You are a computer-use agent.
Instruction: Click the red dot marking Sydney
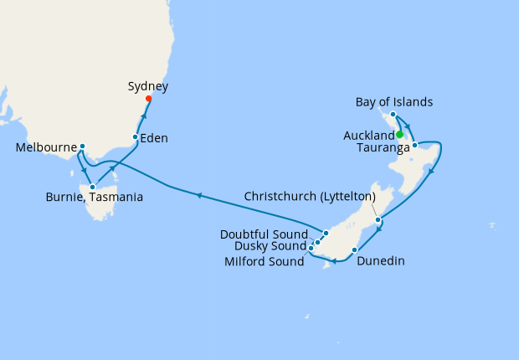click(x=149, y=99)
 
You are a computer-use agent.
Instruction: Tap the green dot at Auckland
click(x=400, y=134)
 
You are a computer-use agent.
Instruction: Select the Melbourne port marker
click(x=82, y=147)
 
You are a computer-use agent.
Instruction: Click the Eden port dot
click(x=136, y=136)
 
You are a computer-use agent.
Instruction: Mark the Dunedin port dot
click(x=355, y=249)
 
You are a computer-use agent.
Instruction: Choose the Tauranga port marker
click(x=414, y=146)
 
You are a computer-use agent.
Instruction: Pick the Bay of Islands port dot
click(x=393, y=113)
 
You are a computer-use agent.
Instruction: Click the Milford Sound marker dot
click(x=311, y=248)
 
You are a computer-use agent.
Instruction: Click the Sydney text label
click(x=148, y=86)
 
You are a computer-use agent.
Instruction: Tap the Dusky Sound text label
click(x=270, y=247)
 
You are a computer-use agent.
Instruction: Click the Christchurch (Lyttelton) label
click(x=309, y=196)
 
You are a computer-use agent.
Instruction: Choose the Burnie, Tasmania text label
click(x=94, y=198)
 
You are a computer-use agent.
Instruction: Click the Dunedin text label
click(x=380, y=261)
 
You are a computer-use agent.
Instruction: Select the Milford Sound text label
click(x=264, y=261)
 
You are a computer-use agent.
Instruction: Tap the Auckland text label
click(x=368, y=136)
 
